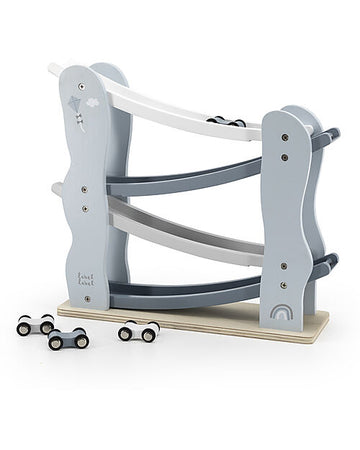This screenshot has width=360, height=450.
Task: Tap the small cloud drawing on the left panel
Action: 92,102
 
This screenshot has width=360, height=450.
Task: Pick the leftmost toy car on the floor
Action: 35,324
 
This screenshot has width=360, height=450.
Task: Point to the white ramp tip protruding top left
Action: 55,69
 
